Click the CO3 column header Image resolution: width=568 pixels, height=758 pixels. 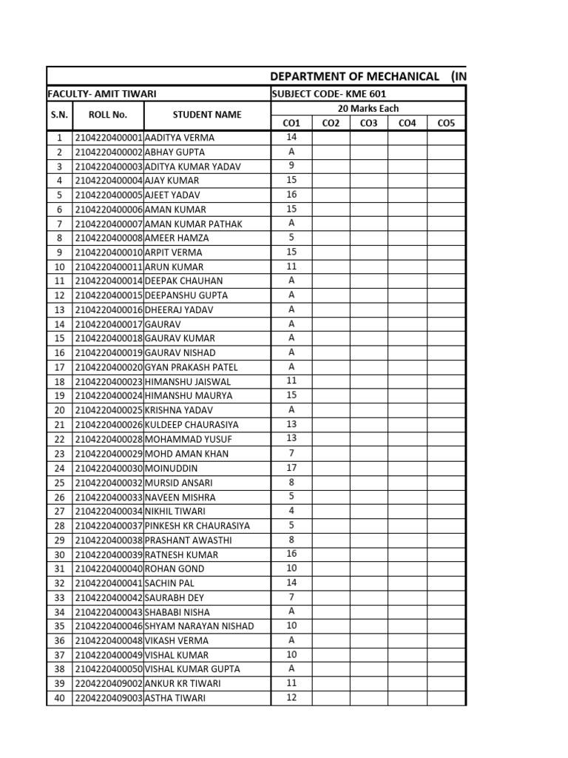pyautogui.click(x=368, y=123)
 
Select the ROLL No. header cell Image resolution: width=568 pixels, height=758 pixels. pyautogui.click(x=108, y=115)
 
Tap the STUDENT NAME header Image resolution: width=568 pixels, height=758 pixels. pyautogui.click(x=207, y=115)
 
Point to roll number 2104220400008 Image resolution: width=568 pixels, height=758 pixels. pyautogui.click(x=109, y=238)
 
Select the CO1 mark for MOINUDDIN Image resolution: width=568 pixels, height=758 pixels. pyautogui.click(x=291, y=468)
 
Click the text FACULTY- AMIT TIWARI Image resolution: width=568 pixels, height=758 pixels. pyautogui.click(x=102, y=94)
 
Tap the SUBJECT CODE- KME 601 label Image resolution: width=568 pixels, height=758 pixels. pyautogui.click(x=329, y=94)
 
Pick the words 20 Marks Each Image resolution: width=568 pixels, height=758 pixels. pyautogui.click(x=368, y=108)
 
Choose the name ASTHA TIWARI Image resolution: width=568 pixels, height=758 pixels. pyautogui.click(x=175, y=698)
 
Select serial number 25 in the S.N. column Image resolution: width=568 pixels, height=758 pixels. pyautogui.click(x=59, y=483)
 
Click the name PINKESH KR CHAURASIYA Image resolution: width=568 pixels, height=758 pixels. pyautogui.click(x=197, y=526)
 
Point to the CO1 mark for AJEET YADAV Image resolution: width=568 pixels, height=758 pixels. pyautogui.click(x=291, y=195)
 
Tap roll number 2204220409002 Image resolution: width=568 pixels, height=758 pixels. pyautogui.click(x=109, y=683)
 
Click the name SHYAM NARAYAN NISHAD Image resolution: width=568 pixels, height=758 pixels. pyautogui.click(x=199, y=626)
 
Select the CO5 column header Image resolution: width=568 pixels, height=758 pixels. pyautogui.click(x=446, y=123)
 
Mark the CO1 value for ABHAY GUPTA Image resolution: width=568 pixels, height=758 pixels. pyautogui.click(x=291, y=152)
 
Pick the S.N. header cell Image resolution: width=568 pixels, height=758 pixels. pyautogui.click(x=59, y=115)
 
